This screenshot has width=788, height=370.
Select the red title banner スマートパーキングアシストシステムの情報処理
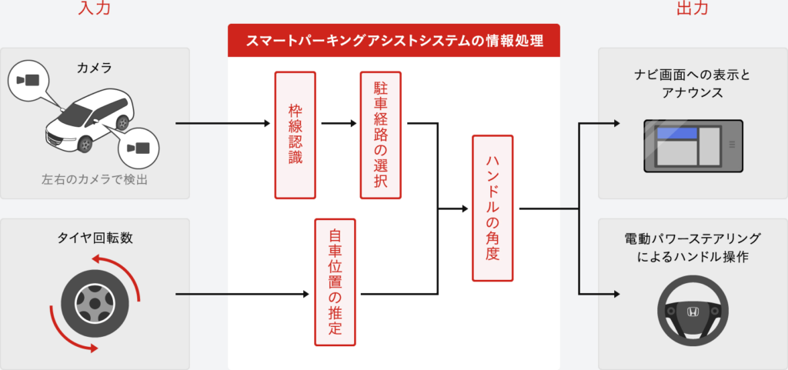[x=392, y=40]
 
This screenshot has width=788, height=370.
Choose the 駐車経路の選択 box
[x=380, y=135]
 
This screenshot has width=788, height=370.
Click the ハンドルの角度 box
[x=492, y=208]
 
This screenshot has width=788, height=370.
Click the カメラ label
[x=95, y=68]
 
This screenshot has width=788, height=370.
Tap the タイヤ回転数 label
[x=95, y=238]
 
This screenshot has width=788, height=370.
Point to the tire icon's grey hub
[x=94, y=304]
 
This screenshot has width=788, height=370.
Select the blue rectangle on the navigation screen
[x=676, y=135]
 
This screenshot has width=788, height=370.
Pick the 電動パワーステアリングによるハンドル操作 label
[x=693, y=247]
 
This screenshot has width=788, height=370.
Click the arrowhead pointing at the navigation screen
[x=615, y=123]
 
